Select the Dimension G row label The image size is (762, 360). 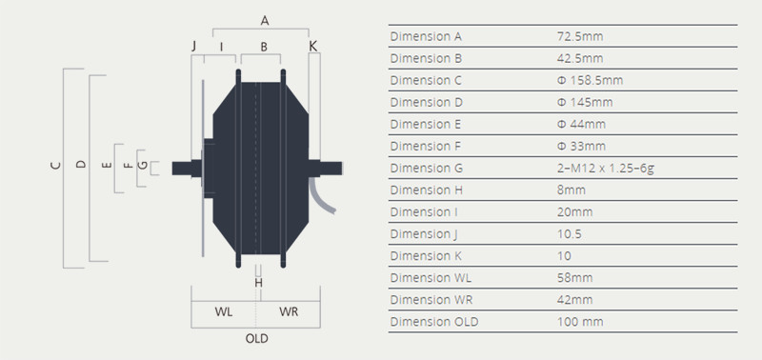(x=426, y=169)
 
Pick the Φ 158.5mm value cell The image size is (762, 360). (x=590, y=80)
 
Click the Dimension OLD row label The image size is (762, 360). (x=434, y=322)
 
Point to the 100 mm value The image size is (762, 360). (x=580, y=322)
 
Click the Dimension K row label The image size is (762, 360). (x=426, y=256)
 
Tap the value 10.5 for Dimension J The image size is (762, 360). (x=569, y=234)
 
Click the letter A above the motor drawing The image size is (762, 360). (x=265, y=20)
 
